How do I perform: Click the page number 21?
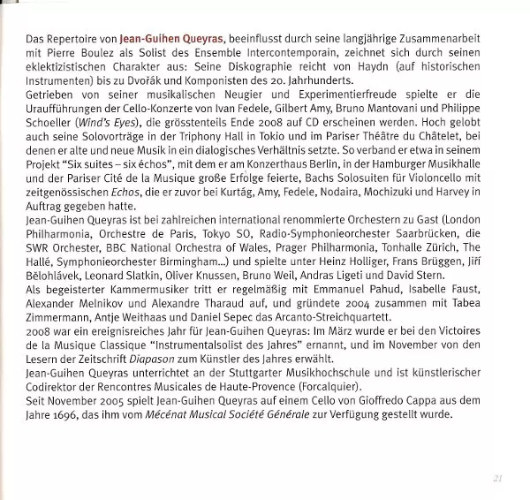498,480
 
